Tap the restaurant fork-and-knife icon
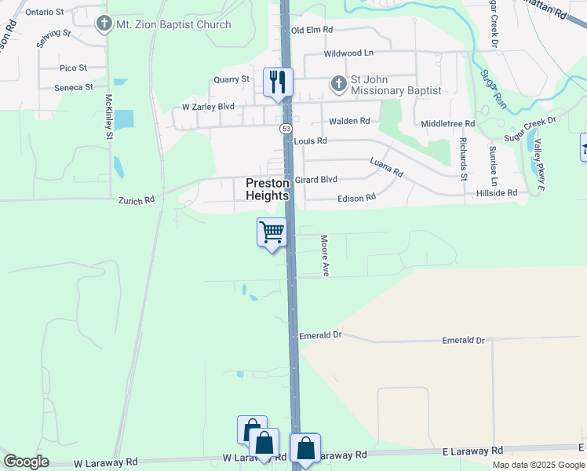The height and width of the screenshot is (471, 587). pos(278,82)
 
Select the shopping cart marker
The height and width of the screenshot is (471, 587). pos(272,232)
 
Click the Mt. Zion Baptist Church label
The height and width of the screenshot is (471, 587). pos(173,24)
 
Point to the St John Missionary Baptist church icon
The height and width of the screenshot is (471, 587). pos(338,82)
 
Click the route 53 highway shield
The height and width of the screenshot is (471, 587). pos(286,128)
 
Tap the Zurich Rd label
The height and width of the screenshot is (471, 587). pos(137,201)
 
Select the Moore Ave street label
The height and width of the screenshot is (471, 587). pos(325,255)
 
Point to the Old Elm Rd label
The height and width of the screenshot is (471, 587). pos(312,30)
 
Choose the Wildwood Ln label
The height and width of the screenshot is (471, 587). pos(349,53)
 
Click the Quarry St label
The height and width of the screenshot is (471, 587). pos(233,79)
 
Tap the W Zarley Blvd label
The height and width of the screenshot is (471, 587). pos(208,107)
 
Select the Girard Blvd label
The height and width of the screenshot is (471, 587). pos(315,180)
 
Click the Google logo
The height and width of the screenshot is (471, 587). pos(26,461)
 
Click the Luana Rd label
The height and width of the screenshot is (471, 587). pos(386,167)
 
